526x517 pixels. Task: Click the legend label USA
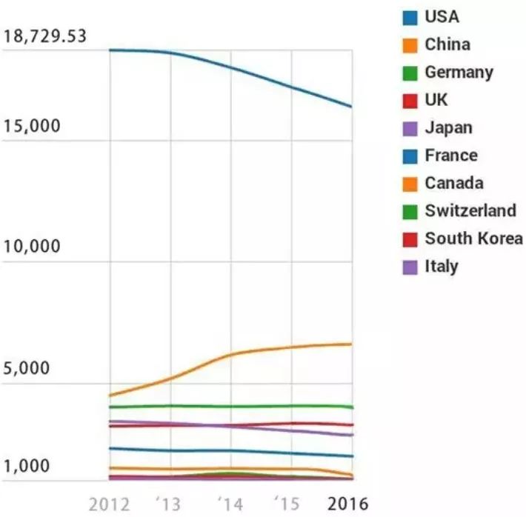442,16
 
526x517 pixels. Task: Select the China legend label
447,44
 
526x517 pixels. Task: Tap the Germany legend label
459,73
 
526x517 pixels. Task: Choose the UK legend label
436,100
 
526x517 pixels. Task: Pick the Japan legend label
448,128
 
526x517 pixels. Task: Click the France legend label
450,156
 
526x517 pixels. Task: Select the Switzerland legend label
470,210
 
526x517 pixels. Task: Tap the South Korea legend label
473,239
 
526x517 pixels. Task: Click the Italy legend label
442,266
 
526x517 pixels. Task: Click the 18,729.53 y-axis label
44,37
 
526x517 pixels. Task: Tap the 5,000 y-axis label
28,368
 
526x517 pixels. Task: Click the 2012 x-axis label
110,504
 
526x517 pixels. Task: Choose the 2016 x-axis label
347,504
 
